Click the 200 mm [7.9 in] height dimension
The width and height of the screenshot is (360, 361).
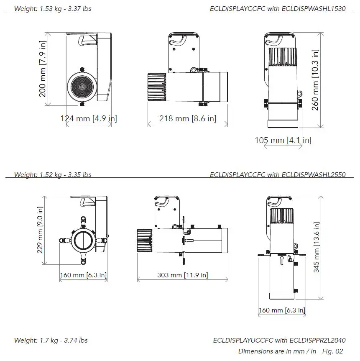[x=43, y=69]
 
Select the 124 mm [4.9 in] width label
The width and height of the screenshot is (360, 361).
[x=89, y=118]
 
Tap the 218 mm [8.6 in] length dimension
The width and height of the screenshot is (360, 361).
[x=188, y=118]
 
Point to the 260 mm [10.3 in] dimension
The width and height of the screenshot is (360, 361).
[x=315, y=80]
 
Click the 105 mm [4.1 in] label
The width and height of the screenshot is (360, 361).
[x=283, y=140]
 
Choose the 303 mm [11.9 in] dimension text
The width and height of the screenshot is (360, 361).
[x=183, y=275]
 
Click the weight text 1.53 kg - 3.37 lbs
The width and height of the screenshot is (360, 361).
[x=53, y=8]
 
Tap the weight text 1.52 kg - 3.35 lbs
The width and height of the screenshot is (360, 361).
[x=53, y=174]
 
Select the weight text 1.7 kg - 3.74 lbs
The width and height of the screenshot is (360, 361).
[x=51, y=341]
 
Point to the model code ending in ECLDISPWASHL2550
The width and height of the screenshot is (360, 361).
[x=278, y=174]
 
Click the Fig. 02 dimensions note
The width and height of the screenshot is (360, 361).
[x=291, y=351]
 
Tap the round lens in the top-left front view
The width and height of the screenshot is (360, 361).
[x=82, y=85]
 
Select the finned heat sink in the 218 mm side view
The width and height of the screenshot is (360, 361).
[x=157, y=87]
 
